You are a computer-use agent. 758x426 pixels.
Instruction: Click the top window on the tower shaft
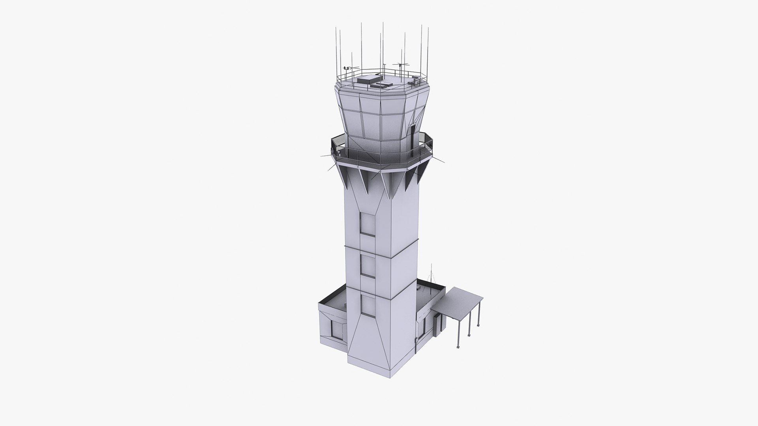368,225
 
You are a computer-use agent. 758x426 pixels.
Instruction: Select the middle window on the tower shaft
368,265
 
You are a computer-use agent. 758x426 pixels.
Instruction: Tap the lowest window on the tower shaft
368,306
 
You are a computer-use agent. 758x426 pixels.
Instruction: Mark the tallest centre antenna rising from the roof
383,47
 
